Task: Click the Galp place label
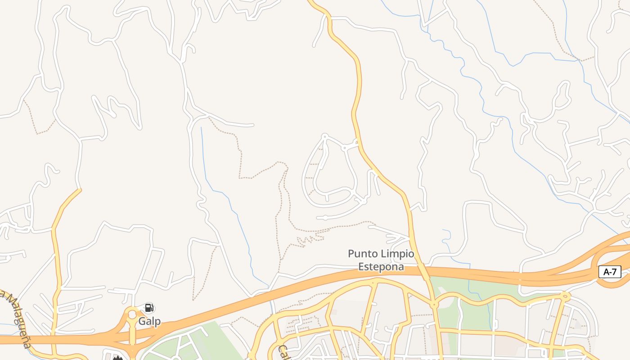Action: pyautogui.click(x=149, y=321)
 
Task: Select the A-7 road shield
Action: pyautogui.click(x=610, y=272)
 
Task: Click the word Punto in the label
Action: pyautogui.click(x=363, y=254)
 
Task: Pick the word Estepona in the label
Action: pyautogui.click(x=381, y=266)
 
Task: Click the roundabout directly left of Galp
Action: pyautogui.click(x=132, y=314)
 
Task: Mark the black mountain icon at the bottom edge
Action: pyautogui.click(x=118, y=358)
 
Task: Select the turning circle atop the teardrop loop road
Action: pyautogui.click(x=324, y=135)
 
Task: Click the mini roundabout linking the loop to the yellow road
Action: pyautogui.click(x=344, y=148)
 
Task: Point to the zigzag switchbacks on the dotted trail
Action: pyautogui.click(x=310, y=239)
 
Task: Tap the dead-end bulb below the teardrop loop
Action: pyautogui.click(x=325, y=218)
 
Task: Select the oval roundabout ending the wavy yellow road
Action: pyautogui.click(x=565, y=296)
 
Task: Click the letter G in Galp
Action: pyautogui.click(x=142, y=321)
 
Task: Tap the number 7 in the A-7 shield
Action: pyautogui.click(x=614, y=272)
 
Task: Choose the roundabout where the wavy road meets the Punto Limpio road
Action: pyautogui.click(x=434, y=305)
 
